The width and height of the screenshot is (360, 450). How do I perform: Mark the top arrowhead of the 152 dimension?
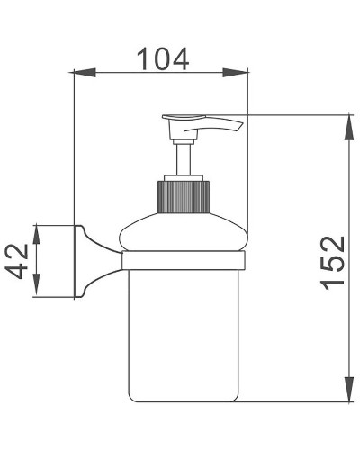click(347, 121)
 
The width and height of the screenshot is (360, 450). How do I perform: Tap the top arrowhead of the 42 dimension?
click(36, 229)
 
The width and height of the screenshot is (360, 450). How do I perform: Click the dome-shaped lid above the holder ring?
click(184, 234)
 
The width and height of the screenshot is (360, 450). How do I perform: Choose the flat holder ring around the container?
click(184, 261)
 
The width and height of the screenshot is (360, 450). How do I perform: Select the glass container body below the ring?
click(184, 333)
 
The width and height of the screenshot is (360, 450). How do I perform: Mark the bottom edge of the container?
click(184, 400)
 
